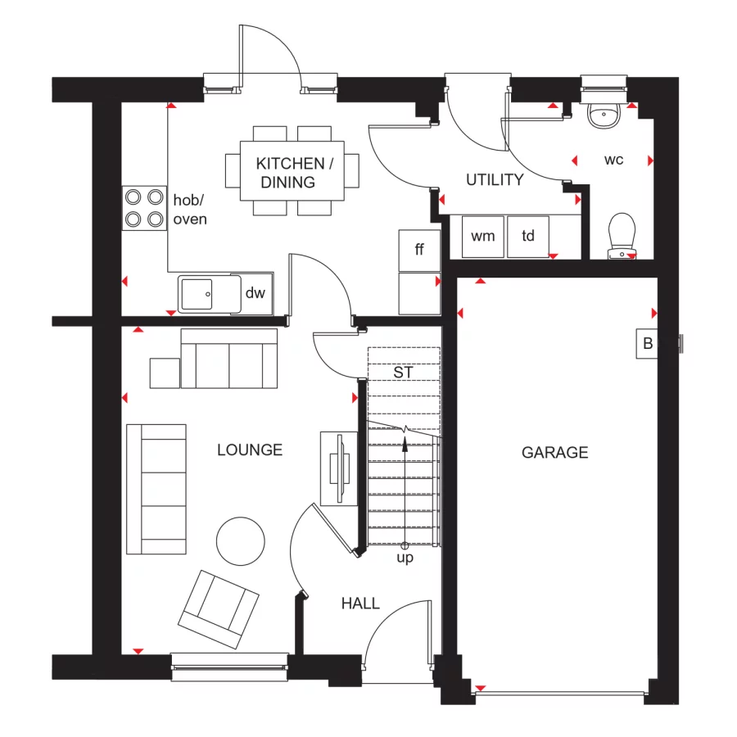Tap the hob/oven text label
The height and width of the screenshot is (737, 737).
point(189,209)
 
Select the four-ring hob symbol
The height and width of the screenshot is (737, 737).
point(144,208)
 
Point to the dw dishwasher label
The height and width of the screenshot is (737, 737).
point(256,293)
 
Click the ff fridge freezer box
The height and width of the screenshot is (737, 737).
point(419,250)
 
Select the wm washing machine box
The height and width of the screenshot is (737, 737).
point(483,237)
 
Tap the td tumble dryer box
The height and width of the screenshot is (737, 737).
point(528,237)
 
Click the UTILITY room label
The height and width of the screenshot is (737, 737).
point(495,180)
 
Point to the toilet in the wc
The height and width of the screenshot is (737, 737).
point(623,233)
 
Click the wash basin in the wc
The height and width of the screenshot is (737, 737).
point(604,115)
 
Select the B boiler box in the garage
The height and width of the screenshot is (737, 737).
point(648,344)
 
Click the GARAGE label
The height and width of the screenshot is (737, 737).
point(555,452)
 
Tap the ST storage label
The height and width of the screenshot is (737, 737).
point(403,373)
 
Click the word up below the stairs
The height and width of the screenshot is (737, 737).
point(405,558)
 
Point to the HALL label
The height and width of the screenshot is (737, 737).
point(360,604)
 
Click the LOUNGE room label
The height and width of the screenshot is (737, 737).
point(250,450)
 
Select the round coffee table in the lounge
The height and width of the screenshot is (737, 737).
point(241,540)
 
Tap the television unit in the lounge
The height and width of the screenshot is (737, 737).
point(338,468)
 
